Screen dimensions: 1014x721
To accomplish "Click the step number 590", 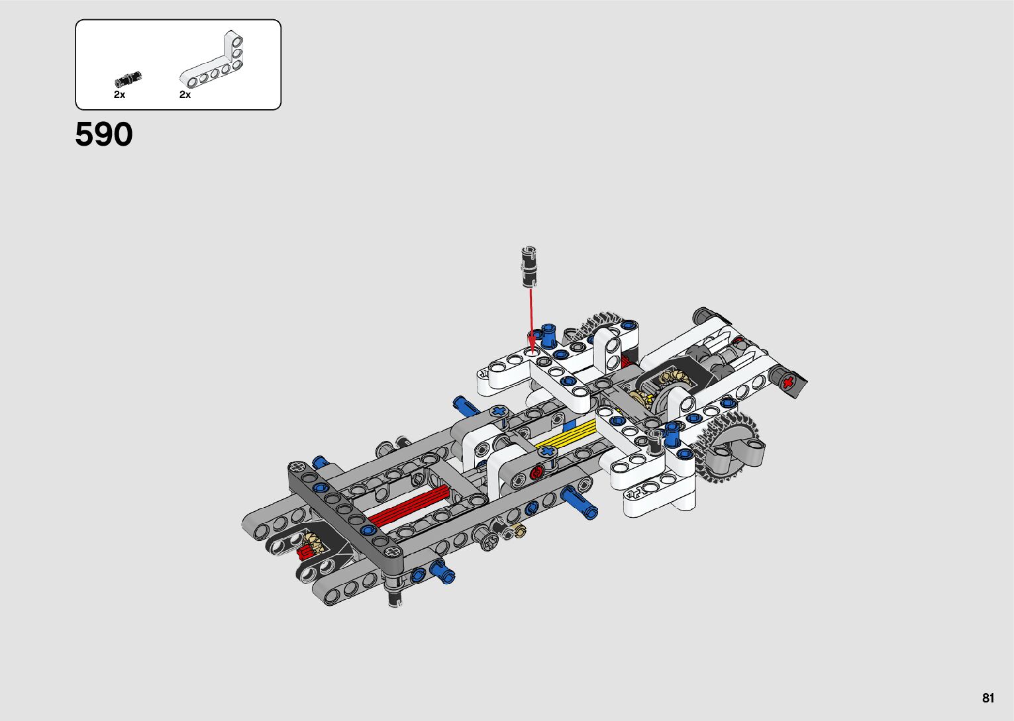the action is [x=104, y=134].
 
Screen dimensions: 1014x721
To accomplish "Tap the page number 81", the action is [x=988, y=698].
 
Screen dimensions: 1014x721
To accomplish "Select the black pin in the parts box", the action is [x=128, y=80].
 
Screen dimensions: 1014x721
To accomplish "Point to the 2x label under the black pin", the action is [x=119, y=95].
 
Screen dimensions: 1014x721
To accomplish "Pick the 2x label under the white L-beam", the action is [x=185, y=95].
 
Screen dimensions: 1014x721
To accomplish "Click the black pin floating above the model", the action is [x=529, y=267].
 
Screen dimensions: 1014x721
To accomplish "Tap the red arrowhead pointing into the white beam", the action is [x=532, y=347].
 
